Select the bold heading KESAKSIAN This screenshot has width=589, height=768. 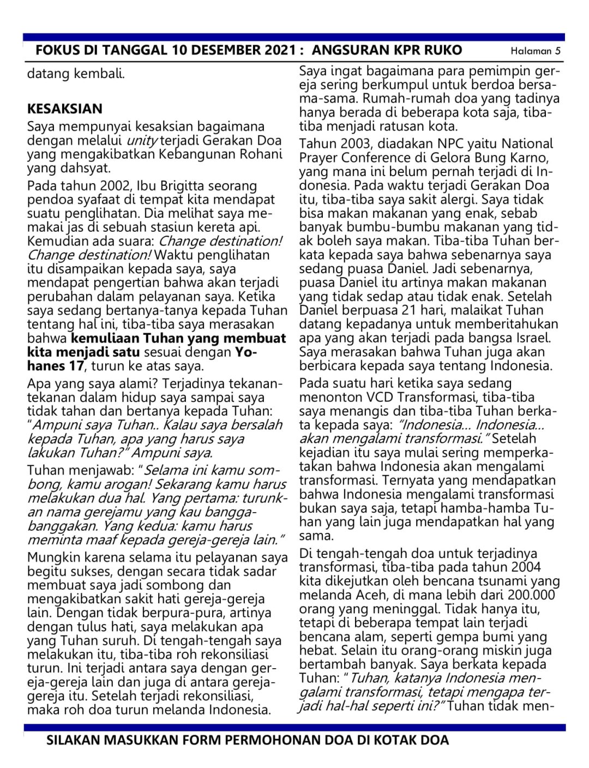point(64,109)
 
